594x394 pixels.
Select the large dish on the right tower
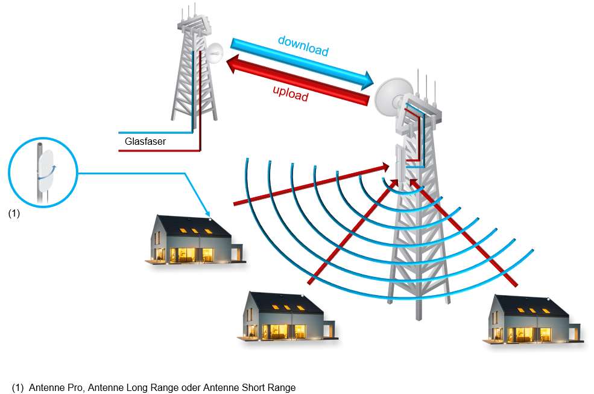click(x=392, y=97)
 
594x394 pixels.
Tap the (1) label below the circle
click(x=14, y=214)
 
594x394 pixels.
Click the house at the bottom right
click(x=534, y=320)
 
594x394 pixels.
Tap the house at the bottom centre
click(x=286, y=317)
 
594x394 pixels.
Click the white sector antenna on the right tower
click(x=400, y=163)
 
